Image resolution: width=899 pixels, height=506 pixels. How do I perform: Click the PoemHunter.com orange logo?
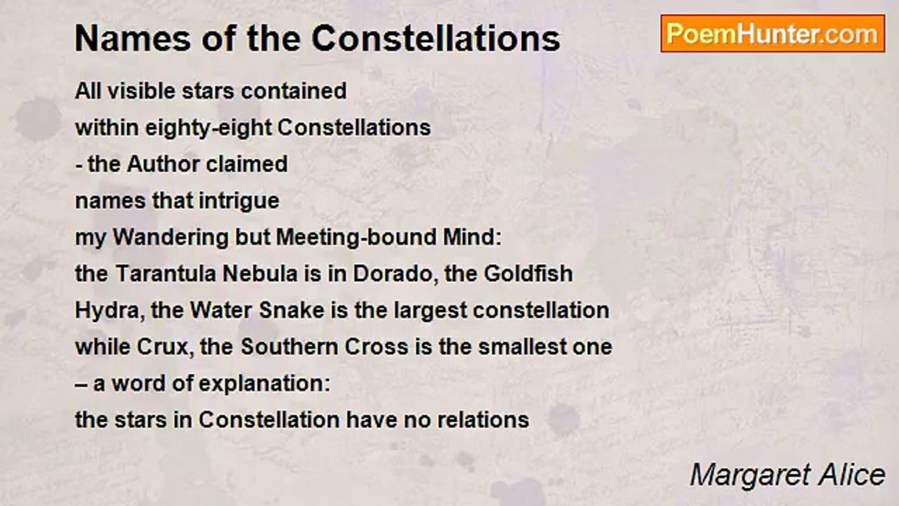click(773, 34)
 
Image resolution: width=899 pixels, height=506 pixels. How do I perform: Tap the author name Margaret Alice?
click(787, 476)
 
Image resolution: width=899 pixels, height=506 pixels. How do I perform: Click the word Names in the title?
click(133, 39)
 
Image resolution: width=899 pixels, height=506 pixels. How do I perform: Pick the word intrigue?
click(239, 202)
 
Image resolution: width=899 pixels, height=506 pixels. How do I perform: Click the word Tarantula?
click(167, 273)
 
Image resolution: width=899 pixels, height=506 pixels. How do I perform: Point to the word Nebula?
click(260, 273)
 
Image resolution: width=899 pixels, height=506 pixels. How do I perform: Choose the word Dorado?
click(395, 274)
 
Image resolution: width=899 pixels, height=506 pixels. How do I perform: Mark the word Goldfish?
click(528, 273)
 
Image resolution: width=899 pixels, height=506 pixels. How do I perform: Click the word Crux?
click(163, 348)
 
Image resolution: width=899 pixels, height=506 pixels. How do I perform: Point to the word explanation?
click(264, 384)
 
